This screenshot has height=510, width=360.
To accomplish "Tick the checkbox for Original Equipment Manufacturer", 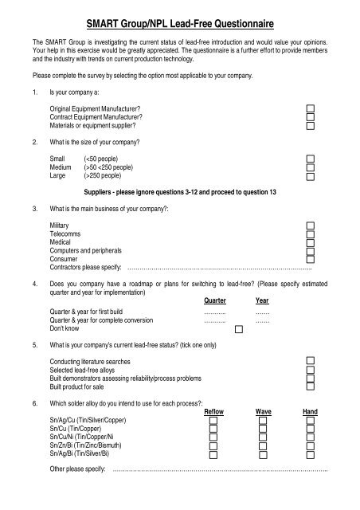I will pyautogui.click(x=311, y=108).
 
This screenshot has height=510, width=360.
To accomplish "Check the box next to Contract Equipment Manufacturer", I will pyautogui.click(x=311, y=116).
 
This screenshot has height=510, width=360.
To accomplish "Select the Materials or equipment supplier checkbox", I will pyautogui.click(x=311, y=125).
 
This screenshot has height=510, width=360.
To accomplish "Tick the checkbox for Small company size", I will pyautogui.click(x=311, y=158).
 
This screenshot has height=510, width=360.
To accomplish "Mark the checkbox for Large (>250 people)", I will pyautogui.click(x=311, y=175).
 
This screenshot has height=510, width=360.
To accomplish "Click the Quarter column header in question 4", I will pyautogui.click(x=214, y=301).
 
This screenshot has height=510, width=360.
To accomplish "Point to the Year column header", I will pyautogui.click(x=262, y=301).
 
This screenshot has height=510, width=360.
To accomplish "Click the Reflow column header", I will pyautogui.click(x=214, y=411).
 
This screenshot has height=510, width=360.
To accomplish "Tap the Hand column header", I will pyautogui.click(x=310, y=411).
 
